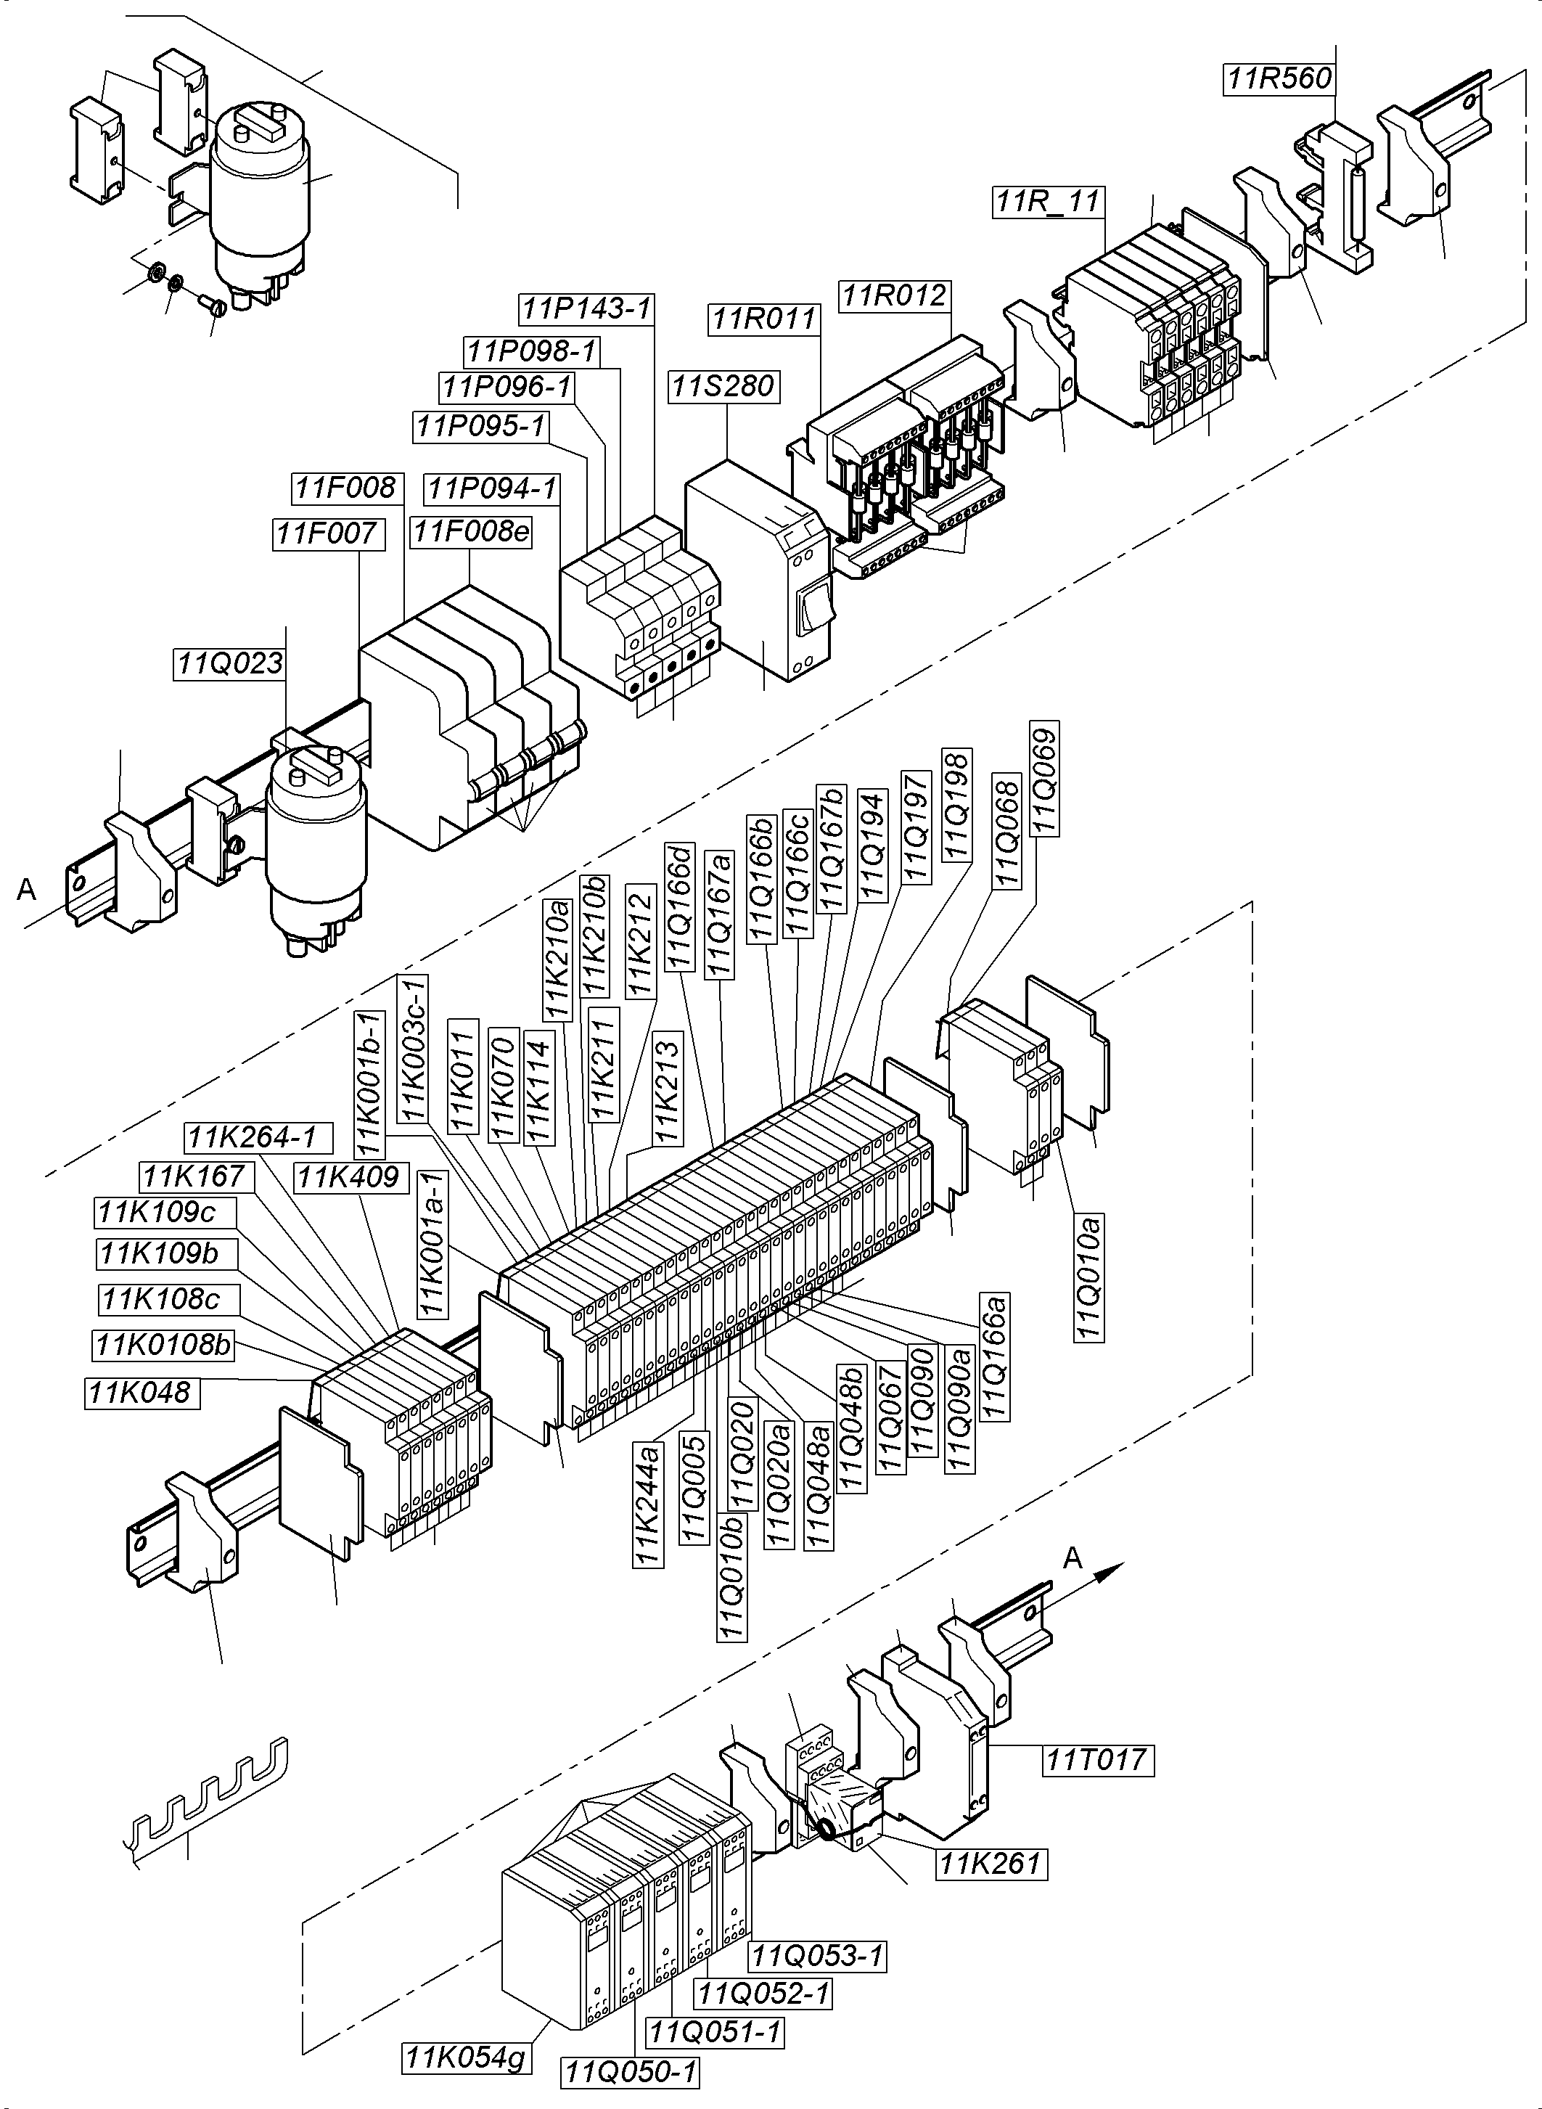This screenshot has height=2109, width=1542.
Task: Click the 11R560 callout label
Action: pos(1279,78)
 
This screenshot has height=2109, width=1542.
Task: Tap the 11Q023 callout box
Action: pos(229,664)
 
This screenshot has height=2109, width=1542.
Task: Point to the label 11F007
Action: pos(327,534)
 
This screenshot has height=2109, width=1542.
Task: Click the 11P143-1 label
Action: pos(586,308)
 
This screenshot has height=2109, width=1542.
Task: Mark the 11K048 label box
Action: pos(141,1392)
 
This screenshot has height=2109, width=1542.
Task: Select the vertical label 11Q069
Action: pos(1043,780)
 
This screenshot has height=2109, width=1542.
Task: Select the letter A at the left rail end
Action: pos(27,890)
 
